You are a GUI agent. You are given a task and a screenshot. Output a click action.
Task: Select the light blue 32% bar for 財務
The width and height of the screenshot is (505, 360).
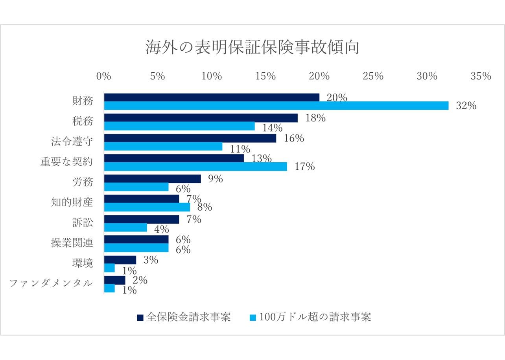pyautogui.click(x=276, y=106)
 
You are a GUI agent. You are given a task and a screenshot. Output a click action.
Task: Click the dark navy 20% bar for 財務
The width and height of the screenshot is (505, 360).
pyautogui.click(x=212, y=97)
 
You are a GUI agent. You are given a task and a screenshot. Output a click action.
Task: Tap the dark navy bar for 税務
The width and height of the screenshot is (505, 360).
pyautogui.click(x=201, y=118)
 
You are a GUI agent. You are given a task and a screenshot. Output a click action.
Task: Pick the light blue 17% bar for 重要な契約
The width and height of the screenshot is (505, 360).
pyautogui.click(x=195, y=167)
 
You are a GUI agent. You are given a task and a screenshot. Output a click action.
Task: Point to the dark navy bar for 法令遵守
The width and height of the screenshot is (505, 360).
pyautogui.click(x=190, y=138)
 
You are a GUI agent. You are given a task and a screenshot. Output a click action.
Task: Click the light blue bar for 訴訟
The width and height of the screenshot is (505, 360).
pyautogui.click(x=125, y=228)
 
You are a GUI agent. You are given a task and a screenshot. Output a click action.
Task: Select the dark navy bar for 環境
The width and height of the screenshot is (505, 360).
pyautogui.click(x=120, y=260)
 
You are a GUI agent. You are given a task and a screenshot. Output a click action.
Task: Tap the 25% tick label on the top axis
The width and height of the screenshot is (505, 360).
pyautogui.click(x=373, y=76)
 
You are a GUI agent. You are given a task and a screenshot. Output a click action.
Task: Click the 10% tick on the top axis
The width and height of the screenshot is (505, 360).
pyautogui.click(x=212, y=76)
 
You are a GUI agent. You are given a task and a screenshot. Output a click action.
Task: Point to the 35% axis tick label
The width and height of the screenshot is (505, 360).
pyautogui.click(x=481, y=76)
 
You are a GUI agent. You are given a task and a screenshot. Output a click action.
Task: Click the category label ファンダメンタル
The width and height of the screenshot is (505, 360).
pyautogui.click(x=51, y=283)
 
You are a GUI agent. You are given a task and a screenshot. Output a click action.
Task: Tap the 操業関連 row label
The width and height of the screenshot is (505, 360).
pyautogui.click(x=72, y=242)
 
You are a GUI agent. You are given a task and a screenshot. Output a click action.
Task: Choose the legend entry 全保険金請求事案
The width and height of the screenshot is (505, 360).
pyautogui.click(x=184, y=317)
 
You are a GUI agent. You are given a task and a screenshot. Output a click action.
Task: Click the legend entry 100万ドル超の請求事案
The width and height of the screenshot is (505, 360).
pyautogui.click(x=311, y=317)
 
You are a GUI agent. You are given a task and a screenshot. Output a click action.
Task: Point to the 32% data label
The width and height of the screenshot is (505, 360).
pyautogui.click(x=466, y=106)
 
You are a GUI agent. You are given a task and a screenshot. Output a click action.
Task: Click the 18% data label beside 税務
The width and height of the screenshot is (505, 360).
pyautogui.click(x=315, y=118)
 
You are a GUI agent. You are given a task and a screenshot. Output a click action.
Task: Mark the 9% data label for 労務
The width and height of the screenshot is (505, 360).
pyautogui.click(x=216, y=179)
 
